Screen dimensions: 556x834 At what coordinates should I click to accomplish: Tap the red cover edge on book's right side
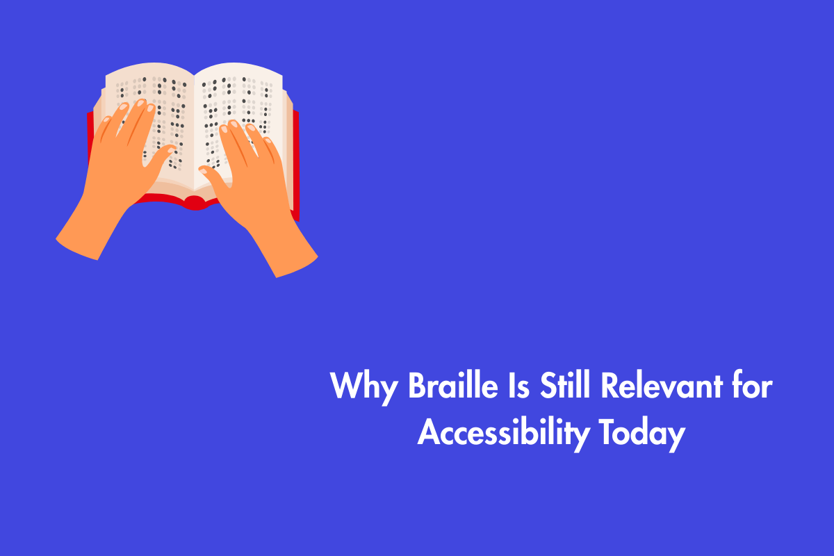297,167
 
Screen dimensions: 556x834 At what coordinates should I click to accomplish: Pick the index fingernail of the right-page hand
226,129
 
